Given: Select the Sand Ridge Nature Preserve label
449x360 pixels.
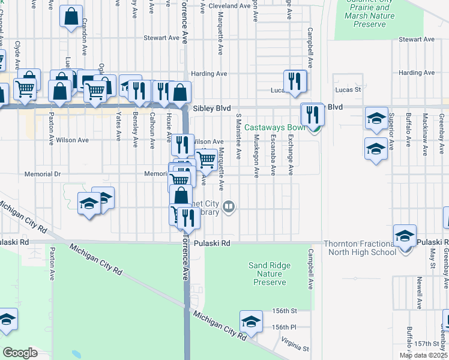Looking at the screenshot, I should tap(270, 274).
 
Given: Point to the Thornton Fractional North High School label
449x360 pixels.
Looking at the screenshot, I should tap(360, 247).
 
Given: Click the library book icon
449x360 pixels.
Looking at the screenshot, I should tap(228, 208).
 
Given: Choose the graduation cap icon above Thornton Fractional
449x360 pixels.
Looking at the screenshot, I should tap(405, 235).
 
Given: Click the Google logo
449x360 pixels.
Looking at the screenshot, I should tap(20, 352).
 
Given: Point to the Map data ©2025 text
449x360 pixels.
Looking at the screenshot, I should tap(423, 355).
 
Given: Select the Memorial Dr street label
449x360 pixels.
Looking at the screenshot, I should tap(43, 174).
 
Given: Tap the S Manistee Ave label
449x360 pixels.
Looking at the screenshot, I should tap(238, 136).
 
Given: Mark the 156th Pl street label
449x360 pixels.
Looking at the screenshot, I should tap(284, 327).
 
